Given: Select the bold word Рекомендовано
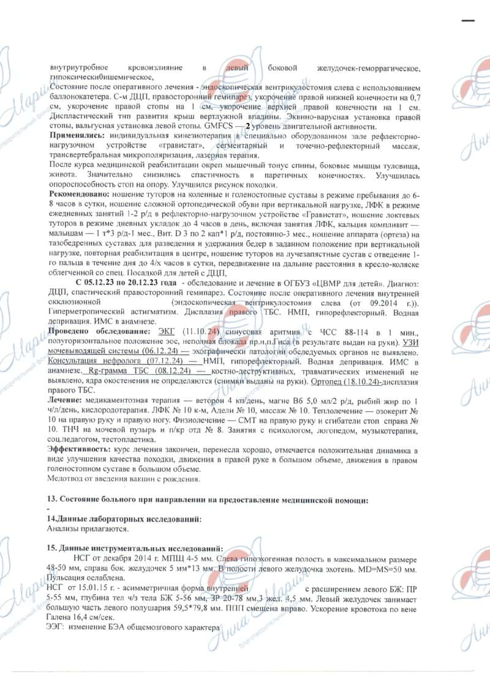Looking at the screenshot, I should point(78,194).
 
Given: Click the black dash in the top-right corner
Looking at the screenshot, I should point(469,20).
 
